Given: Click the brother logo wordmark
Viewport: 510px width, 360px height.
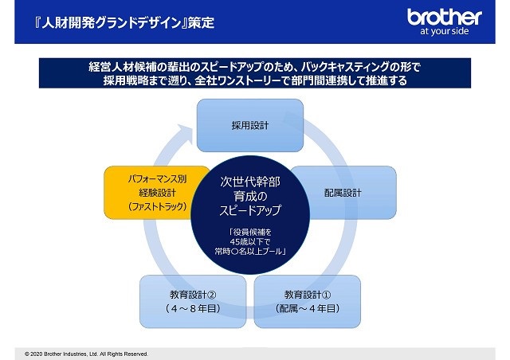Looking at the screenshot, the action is (445, 18).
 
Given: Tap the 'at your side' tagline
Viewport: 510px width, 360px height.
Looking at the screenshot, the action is (445, 31).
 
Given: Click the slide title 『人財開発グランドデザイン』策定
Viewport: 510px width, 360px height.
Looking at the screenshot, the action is (124, 23).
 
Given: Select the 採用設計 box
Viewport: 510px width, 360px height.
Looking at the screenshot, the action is (250, 126).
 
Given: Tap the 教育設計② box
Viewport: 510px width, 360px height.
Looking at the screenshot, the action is (193, 302).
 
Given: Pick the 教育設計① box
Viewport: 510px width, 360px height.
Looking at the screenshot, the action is (308, 302).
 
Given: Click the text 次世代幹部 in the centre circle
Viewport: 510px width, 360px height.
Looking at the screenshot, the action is (250, 182).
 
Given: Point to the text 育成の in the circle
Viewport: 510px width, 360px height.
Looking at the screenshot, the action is (250, 196).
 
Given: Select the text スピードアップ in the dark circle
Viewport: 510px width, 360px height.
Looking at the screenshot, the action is (250, 210).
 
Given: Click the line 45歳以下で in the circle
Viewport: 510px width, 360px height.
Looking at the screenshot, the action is (250, 241).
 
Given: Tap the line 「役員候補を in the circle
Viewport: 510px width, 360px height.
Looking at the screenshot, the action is (250, 233).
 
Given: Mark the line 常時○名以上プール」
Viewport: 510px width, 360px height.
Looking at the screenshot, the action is (250, 251).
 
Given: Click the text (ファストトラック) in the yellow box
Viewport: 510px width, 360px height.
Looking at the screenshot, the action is (158, 206).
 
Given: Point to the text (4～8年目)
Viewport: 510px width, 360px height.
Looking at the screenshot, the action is (193, 308).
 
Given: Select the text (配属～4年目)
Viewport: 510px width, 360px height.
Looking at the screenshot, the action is (308, 308).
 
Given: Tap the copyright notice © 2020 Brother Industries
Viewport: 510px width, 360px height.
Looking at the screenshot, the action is (87, 354).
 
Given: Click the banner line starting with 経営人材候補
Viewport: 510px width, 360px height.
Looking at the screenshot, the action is (255, 67).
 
